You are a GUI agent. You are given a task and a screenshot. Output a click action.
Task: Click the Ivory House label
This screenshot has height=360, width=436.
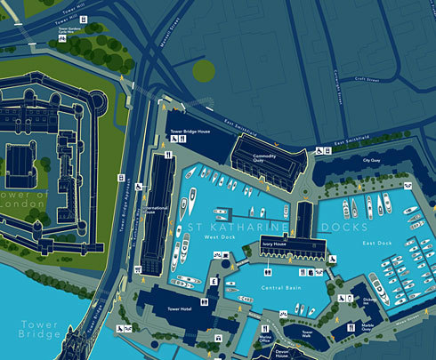pos(274,244)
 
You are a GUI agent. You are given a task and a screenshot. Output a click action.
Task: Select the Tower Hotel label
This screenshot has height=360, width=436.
pos(180,308)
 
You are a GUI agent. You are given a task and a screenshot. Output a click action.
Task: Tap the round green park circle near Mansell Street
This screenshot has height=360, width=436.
pos(204,71)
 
